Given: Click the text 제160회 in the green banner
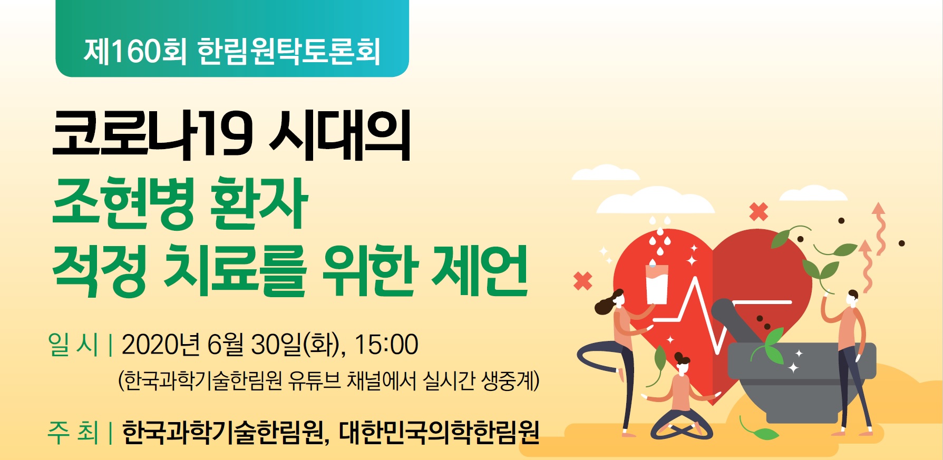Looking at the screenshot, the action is tap(135, 51).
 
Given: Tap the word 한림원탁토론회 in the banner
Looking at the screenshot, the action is tap(289, 51).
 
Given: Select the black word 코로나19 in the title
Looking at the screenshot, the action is tap(153, 134).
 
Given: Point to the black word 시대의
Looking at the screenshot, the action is tap(340, 134).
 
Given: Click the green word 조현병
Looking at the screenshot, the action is tap(124, 203).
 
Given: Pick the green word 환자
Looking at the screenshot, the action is tap(258, 203).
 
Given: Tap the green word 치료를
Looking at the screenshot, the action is tap(235, 270).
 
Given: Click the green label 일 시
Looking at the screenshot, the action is tap(73, 345).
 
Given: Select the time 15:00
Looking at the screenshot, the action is tap(386, 345).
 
